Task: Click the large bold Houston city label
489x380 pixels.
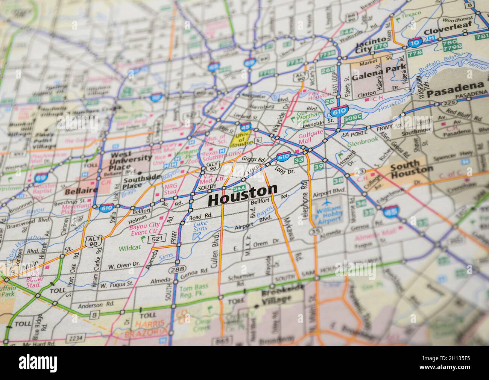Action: point(243,195)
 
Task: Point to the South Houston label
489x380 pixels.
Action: point(411,167)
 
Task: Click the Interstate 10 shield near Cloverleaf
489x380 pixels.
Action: point(415,42)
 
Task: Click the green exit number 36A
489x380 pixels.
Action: point(239,188)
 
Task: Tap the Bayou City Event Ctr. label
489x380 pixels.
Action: point(144,227)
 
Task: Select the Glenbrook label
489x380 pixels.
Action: point(357,144)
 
